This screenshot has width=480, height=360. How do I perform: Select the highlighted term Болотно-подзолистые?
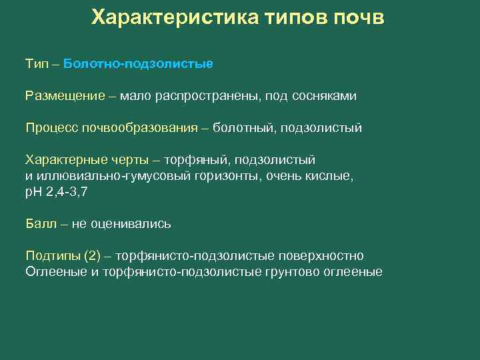point(139,64)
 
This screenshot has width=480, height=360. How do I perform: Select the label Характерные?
point(63,160)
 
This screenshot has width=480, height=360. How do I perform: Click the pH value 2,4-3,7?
point(65,192)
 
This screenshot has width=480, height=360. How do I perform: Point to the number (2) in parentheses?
point(94,256)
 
